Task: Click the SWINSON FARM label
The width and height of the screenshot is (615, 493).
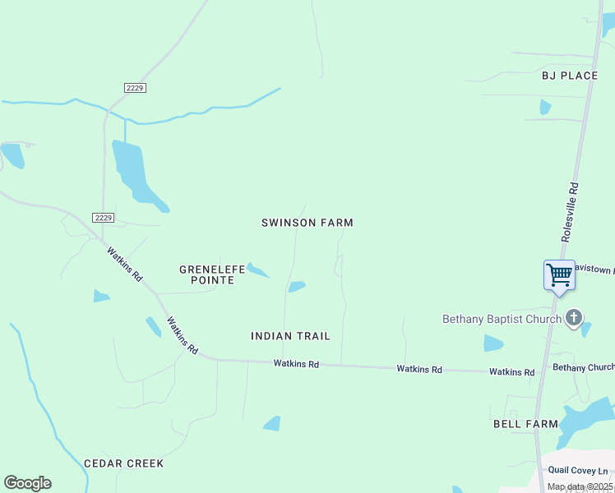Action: point(307,223)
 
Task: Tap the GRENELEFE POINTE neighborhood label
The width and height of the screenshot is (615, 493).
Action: point(207,274)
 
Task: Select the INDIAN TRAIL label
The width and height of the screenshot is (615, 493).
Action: point(290,336)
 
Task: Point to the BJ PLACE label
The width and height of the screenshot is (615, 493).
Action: point(570,76)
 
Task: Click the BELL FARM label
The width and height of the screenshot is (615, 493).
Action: point(525,424)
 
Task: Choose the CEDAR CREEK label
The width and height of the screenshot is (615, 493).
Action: point(124,463)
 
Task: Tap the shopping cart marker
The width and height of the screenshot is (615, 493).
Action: point(559,274)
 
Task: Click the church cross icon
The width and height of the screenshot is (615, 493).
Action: point(574,317)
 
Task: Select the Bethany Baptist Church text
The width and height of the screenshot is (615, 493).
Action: point(502,319)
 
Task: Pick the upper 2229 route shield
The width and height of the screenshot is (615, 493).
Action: point(136,88)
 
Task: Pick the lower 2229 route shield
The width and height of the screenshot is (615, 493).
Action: point(103,218)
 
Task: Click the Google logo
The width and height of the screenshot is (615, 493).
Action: point(27,483)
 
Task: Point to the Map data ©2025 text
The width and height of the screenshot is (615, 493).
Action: point(580,486)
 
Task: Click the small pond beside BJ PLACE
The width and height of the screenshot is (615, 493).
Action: point(544,107)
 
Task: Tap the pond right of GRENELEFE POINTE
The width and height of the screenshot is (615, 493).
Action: point(257,270)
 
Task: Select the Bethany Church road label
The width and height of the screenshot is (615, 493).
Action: point(583,367)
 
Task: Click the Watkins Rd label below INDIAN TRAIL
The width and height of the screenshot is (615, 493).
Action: point(296,363)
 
